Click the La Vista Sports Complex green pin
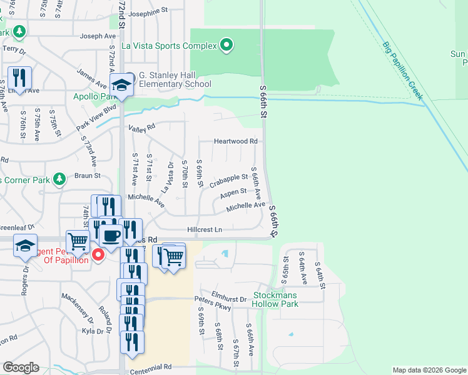[x=227, y=45]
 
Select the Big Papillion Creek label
[x=404, y=71]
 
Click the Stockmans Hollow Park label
[x=275, y=299]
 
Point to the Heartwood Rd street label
[x=236, y=142]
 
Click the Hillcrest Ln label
[x=205, y=230]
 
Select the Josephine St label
[x=149, y=11]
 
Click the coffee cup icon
[x=111, y=236]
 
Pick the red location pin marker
[x=98, y=255]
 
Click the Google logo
[x=20, y=367]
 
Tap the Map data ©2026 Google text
[x=429, y=371]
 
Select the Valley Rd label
[x=141, y=129]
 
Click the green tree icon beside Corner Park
[x=59, y=180]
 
